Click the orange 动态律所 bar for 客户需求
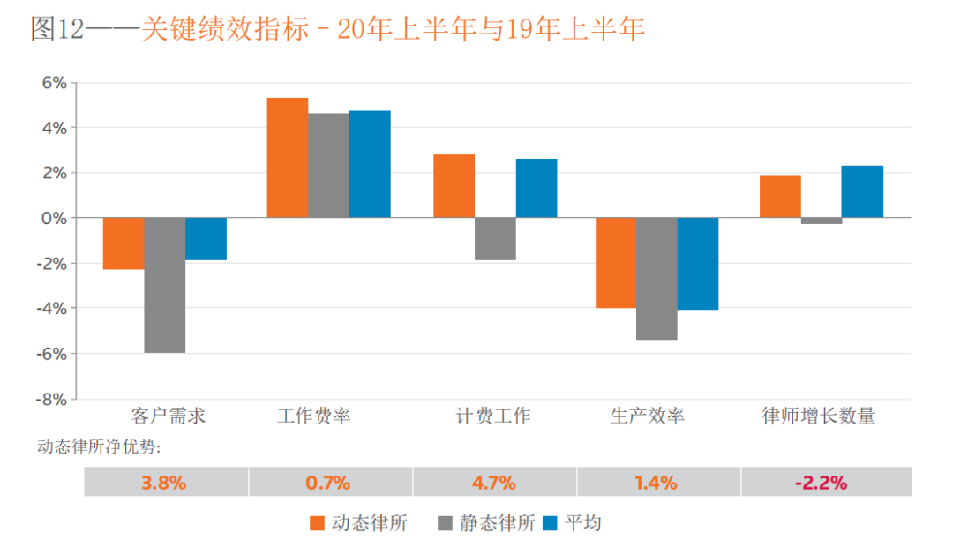click(x=124, y=244)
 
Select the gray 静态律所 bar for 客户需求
click(x=165, y=285)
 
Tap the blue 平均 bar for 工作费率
click(x=370, y=164)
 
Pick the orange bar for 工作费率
click(x=288, y=158)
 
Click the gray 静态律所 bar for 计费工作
click(x=495, y=239)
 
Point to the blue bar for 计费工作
click(x=537, y=188)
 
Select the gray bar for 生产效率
click(x=657, y=279)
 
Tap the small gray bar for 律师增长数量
click(x=822, y=221)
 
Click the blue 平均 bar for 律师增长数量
click(x=862, y=191)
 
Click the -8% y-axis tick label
click(x=50, y=399)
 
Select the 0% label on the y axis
click(x=55, y=218)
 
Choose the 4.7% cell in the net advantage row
click(x=494, y=483)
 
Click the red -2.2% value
click(x=821, y=483)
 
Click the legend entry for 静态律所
click(x=486, y=522)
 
